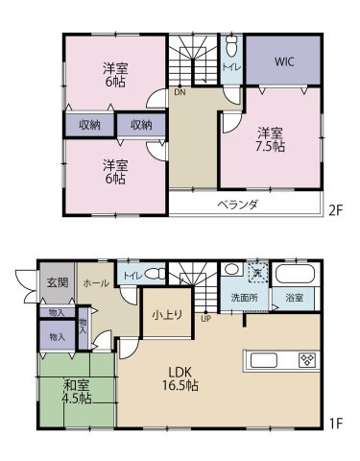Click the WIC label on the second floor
[x=284, y=61]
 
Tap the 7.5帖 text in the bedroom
[x=270, y=147]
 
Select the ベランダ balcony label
[x=237, y=204]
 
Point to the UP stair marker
[x=205, y=319]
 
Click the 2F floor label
[x=336, y=210]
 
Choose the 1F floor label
[x=336, y=424]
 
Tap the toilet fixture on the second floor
[x=231, y=46]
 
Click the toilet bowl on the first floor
[x=156, y=274]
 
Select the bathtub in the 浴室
[x=295, y=274]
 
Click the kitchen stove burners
[x=307, y=360]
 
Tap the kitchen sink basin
[x=264, y=360]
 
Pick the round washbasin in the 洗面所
[x=232, y=269]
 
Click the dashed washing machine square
[x=258, y=273]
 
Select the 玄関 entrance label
[x=58, y=282]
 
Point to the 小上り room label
[x=167, y=315]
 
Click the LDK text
[x=180, y=372]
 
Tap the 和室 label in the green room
[x=76, y=385]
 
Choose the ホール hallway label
[x=96, y=283]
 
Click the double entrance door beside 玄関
[x=27, y=286]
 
